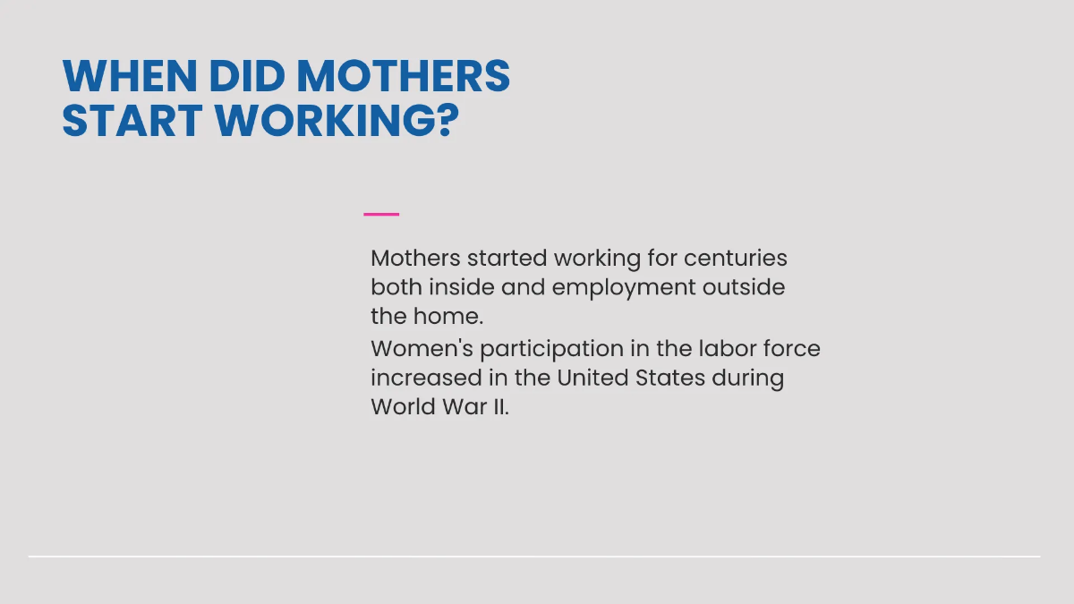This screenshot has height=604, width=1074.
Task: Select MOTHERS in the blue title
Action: [403, 77]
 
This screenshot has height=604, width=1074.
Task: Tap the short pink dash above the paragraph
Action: [381, 215]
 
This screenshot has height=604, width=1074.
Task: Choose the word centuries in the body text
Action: [736, 259]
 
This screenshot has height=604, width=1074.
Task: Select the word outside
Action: [744, 288]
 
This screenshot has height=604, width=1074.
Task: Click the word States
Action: [671, 378]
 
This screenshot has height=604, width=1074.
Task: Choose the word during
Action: [748, 378]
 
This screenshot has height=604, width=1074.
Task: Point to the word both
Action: [396, 288]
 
